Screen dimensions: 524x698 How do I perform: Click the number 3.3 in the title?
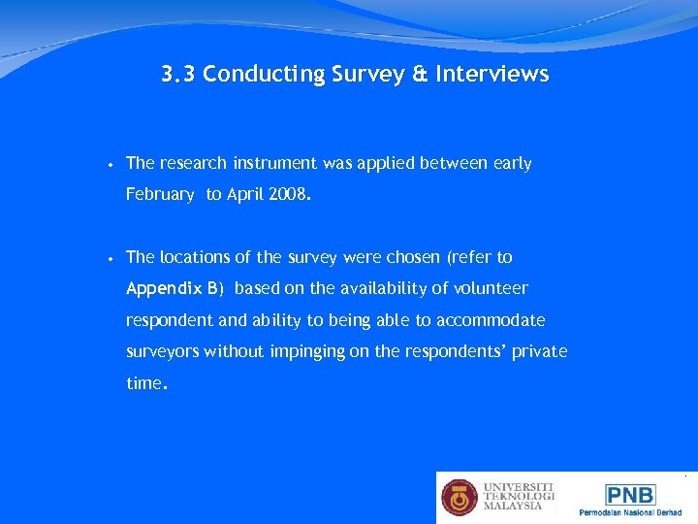coord(179,75)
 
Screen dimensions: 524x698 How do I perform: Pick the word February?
coord(160,194)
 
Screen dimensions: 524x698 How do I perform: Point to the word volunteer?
coord(489,288)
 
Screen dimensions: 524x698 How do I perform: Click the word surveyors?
coord(162,351)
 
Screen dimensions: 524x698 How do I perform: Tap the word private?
coord(541,351)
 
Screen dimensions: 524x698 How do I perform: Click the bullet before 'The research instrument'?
coord(112,164)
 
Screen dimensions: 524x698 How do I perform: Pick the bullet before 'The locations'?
coord(112,258)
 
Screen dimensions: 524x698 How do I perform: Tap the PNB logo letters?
coord(630,494)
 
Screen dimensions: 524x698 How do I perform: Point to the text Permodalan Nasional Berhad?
coord(630,512)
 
